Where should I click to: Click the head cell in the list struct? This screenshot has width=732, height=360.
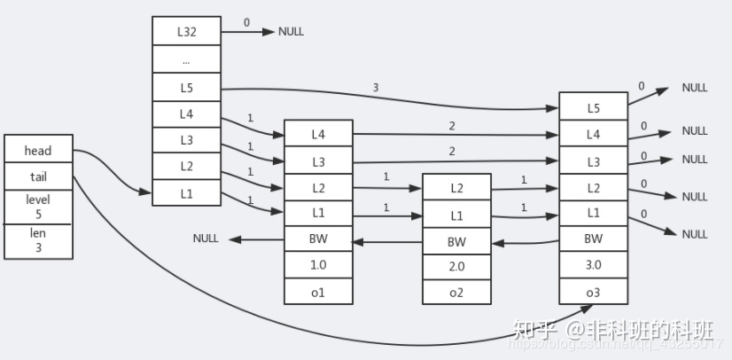tap(37, 151)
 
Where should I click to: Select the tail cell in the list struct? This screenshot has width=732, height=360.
tap(37, 176)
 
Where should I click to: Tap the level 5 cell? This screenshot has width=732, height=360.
tap(37, 207)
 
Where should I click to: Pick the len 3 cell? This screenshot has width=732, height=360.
tap(37, 241)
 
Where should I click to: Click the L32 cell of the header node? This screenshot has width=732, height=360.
tap(186, 32)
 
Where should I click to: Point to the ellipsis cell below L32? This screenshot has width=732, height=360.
tap(186, 60)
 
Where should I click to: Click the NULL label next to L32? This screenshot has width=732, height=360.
tap(291, 32)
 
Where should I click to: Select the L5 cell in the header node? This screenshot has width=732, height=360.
tap(186, 88)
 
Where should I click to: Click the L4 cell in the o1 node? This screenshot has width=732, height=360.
tap(318, 134)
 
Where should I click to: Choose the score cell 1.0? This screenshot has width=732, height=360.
tap(318, 265)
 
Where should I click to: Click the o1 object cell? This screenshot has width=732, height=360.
tap(318, 292)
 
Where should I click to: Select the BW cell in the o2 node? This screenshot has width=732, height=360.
tap(456, 240)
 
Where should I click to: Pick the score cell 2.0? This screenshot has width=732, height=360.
tap(456, 265)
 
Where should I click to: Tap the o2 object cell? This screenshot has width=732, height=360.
tap(456, 292)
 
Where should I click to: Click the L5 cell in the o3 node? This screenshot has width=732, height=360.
tap(593, 107)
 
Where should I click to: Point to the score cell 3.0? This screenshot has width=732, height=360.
tap(593, 265)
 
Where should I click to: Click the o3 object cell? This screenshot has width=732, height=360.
tap(593, 292)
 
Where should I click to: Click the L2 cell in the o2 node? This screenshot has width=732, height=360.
tap(456, 187)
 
